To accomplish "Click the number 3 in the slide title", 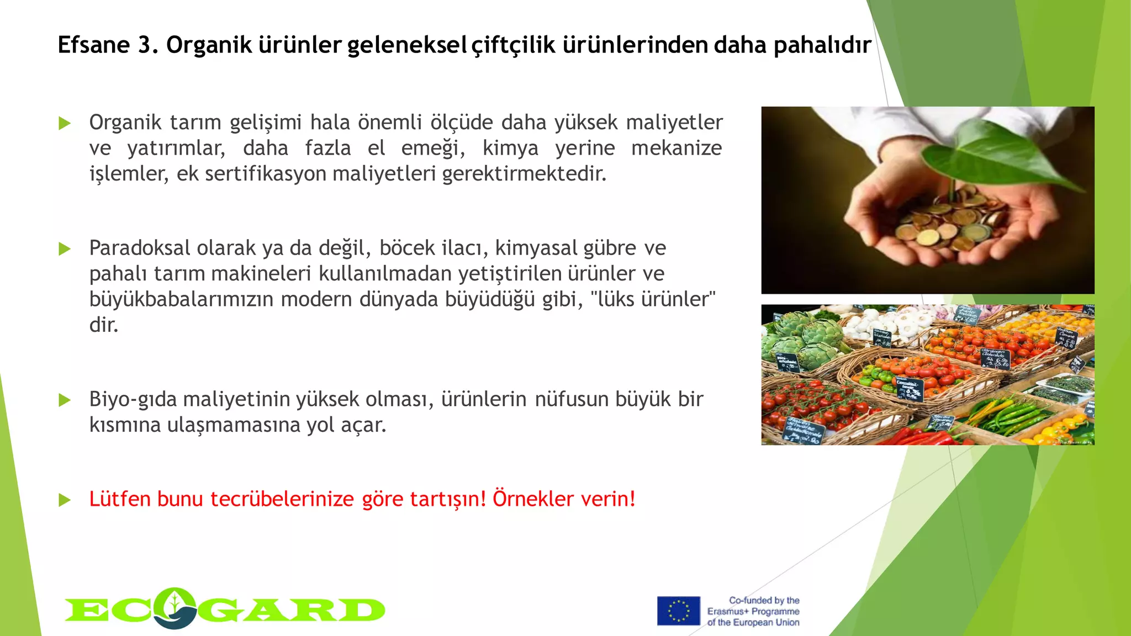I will (145, 45).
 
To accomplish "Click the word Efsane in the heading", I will (94, 45).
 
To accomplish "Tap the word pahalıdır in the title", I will (822, 45).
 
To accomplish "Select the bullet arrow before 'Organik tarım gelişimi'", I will (65, 123).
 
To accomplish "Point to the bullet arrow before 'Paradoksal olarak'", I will (65, 249).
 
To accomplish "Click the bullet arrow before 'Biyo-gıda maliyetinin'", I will (65, 400).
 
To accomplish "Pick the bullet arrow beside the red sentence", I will (65, 500).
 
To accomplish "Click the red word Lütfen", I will (120, 499).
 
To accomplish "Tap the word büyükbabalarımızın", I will (182, 299).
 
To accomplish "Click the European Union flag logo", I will (678, 611).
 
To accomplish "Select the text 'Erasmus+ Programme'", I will (753, 611).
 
